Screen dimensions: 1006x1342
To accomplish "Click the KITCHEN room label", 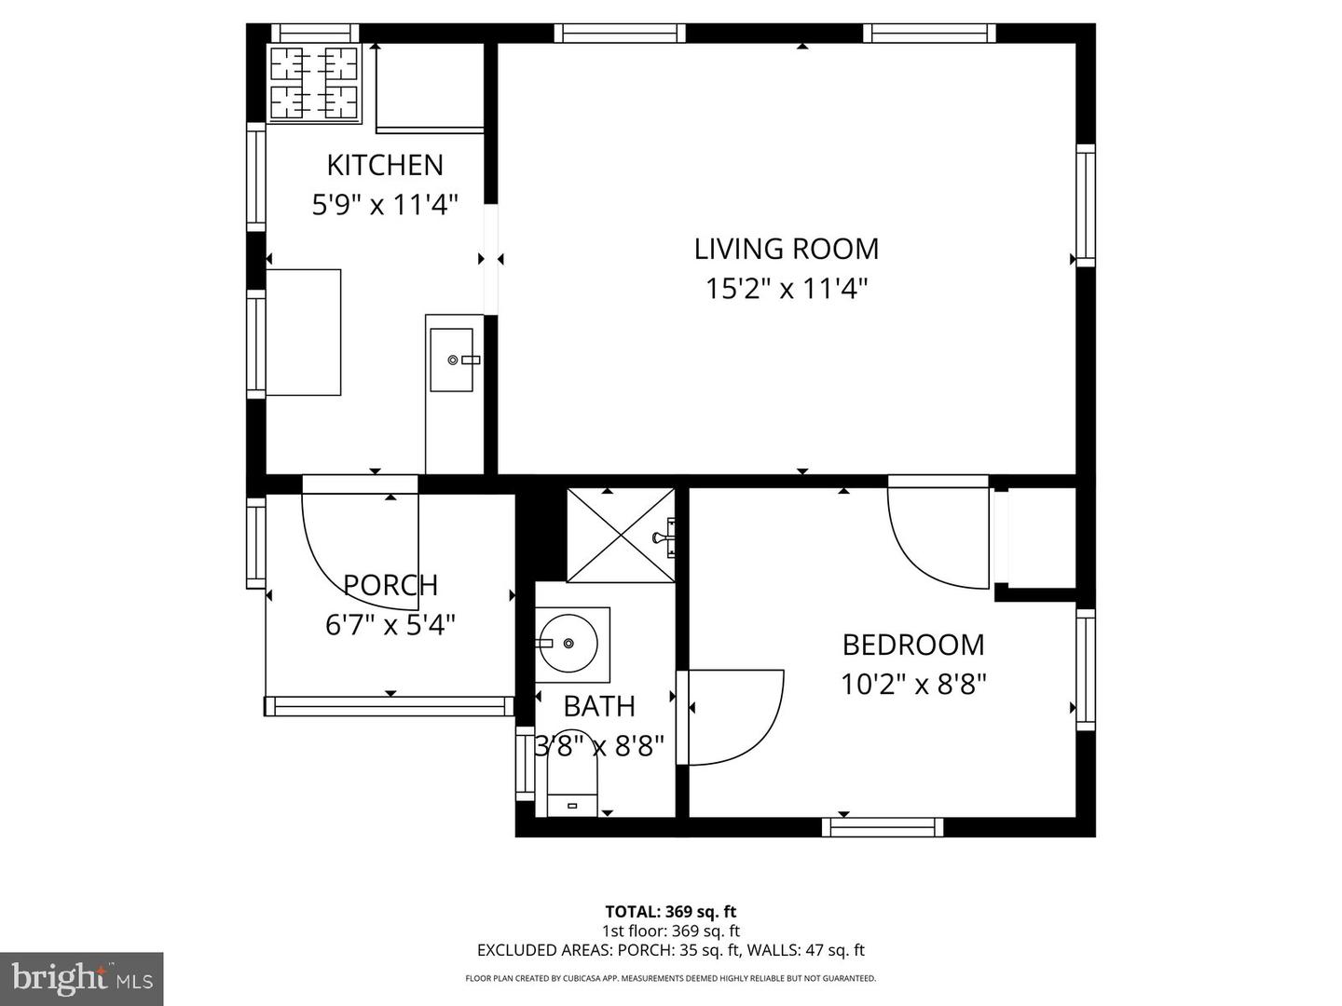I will [384, 165].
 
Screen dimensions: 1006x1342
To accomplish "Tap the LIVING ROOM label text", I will [786, 249].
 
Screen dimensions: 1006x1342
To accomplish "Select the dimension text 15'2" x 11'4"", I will [786, 289].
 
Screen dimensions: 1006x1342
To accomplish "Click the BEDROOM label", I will [912, 645].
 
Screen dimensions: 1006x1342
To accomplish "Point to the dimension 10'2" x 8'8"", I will [912, 685].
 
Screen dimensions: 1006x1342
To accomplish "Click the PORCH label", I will [390, 585].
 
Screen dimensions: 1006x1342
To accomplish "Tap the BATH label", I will [599, 706].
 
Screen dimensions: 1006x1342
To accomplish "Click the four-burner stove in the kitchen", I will [314, 84].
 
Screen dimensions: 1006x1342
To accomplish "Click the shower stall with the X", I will [621, 536].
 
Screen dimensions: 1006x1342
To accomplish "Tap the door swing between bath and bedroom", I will [732, 717].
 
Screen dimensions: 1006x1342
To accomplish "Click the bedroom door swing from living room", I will [937, 536].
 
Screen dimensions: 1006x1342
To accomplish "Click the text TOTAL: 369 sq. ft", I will [670, 912].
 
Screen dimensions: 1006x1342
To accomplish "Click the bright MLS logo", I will [81, 978].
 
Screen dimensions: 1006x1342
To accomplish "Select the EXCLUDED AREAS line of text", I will [670, 950].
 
